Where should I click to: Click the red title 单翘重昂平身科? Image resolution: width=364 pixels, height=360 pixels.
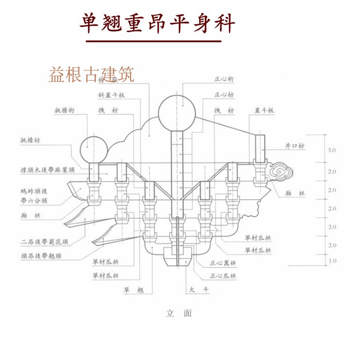tap(158, 23)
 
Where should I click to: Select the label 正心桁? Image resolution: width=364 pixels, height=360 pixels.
tap(224, 78)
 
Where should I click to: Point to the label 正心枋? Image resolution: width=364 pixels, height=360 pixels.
tap(224, 94)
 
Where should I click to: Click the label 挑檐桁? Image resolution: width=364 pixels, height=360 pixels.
tap(64, 111)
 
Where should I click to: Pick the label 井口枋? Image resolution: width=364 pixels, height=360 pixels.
tap(295, 146)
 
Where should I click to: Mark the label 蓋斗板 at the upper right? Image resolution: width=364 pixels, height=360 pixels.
tap(264, 111)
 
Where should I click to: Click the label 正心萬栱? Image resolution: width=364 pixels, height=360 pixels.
tap(223, 264)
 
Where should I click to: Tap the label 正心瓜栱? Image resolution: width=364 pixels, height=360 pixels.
tap(223, 276)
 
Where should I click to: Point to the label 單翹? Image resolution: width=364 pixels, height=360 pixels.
tap(134, 290)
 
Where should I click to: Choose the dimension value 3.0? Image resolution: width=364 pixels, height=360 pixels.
tap(331, 151)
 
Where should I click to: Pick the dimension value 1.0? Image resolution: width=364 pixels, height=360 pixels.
tap(331, 261)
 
